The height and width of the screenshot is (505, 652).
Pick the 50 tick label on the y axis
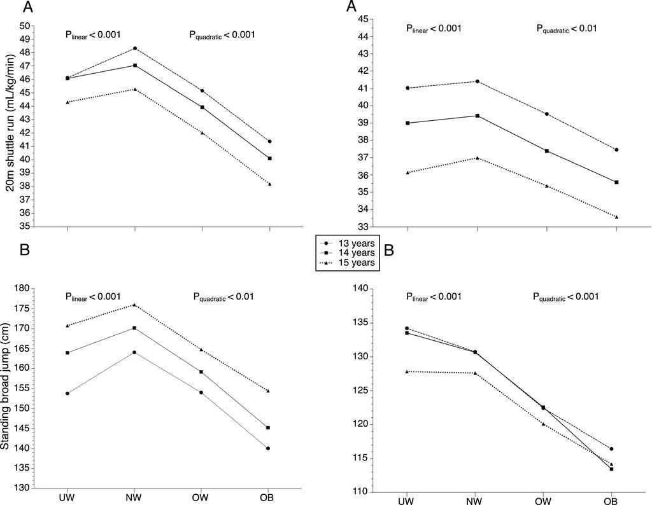click(25, 25)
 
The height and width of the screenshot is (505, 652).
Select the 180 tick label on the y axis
click(23, 289)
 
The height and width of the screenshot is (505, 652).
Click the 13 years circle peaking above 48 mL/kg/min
click(135, 48)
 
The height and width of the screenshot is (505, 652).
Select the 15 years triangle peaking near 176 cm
click(134, 305)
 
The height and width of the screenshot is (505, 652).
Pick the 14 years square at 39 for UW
click(407, 123)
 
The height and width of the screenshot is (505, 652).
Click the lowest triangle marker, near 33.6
click(616, 217)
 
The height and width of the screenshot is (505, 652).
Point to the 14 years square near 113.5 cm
click(612, 469)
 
